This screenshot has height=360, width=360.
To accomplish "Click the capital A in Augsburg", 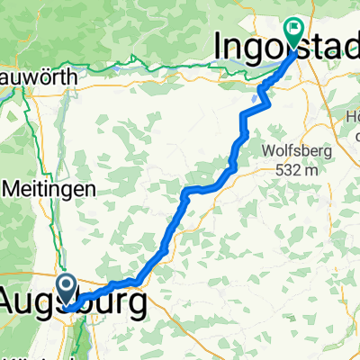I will (x=13, y=304).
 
